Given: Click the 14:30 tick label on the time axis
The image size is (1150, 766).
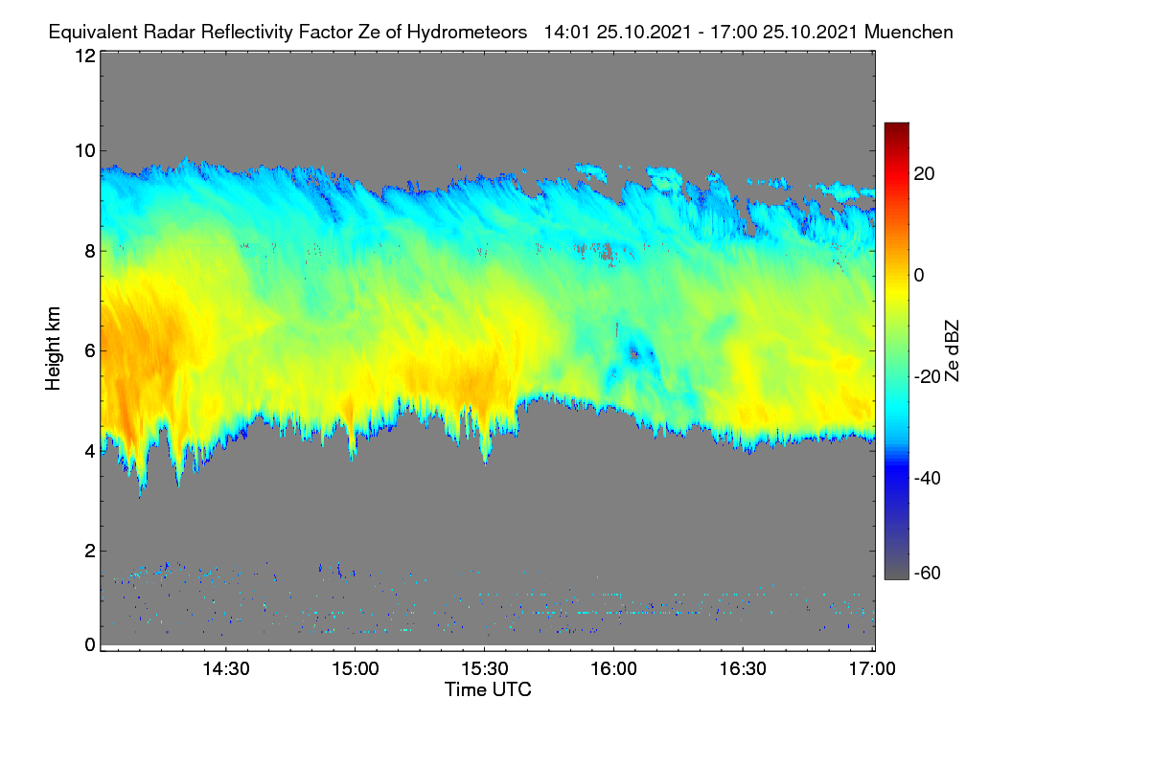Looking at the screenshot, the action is [x=226, y=668].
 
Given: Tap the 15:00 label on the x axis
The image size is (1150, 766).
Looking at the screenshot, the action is [x=356, y=668].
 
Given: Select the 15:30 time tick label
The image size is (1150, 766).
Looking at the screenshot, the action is [x=485, y=668].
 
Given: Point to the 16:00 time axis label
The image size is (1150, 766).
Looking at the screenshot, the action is [x=613, y=668].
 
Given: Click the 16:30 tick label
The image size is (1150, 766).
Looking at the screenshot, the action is [x=743, y=668].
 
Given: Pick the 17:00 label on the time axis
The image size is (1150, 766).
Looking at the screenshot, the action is [x=872, y=668].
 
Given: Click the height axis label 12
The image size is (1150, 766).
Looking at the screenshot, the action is [x=85, y=56].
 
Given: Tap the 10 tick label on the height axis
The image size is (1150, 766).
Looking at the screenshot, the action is [x=85, y=151].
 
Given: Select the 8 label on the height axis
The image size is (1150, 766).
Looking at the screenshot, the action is [x=90, y=251].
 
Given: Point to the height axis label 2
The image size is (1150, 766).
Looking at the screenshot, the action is [x=90, y=551].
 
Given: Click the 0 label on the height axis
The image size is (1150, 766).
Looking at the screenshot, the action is [x=90, y=644].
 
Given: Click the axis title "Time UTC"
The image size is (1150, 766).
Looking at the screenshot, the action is [x=488, y=689].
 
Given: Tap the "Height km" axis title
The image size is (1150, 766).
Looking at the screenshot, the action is [x=53, y=349].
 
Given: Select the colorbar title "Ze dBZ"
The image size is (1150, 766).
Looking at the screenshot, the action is [x=952, y=351].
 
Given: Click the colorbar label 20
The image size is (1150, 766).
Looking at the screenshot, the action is [x=924, y=174].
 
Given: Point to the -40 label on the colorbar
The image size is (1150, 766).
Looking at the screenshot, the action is [x=928, y=478].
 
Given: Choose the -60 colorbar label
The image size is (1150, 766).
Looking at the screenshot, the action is [x=928, y=573].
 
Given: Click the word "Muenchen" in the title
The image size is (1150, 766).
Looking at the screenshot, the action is [x=908, y=32].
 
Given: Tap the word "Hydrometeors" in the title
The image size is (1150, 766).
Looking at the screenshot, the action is [x=468, y=33].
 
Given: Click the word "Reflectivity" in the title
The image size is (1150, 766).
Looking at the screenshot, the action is [x=247, y=33].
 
